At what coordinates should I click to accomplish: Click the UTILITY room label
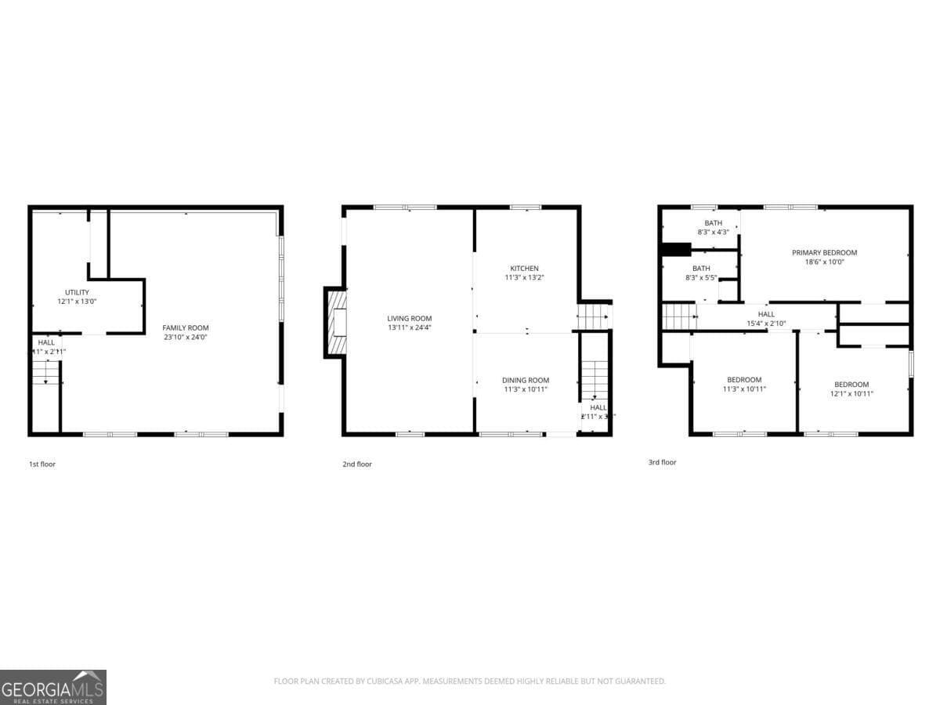tap(77, 292)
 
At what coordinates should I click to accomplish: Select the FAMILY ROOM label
tap(186, 327)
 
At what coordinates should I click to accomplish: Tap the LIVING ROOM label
tap(409, 318)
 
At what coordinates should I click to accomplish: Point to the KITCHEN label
tap(524, 268)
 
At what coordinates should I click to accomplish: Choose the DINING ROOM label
tap(526, 380)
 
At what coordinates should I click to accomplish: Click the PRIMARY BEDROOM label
tap(824, 252)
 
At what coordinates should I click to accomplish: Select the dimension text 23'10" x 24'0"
tap(186, 337)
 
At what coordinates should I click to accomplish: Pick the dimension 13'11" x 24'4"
tap(409, 327)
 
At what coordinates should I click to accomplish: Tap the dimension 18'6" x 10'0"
tap(824, 262)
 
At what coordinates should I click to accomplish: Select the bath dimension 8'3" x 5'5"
tap(701, 277)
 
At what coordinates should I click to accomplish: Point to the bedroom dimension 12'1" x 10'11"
tap(851, 393)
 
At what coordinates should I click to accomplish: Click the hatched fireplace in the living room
tap(337, 323)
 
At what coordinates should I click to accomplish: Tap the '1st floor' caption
tap(42, 464)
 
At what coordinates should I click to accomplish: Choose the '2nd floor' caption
tap(357, 464)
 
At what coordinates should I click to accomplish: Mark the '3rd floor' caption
tap(662, 462)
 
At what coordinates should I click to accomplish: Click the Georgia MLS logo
tap(53, 687)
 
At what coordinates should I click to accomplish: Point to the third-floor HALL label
tap(765, 314)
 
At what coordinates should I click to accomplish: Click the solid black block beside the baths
tap(675, 250)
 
